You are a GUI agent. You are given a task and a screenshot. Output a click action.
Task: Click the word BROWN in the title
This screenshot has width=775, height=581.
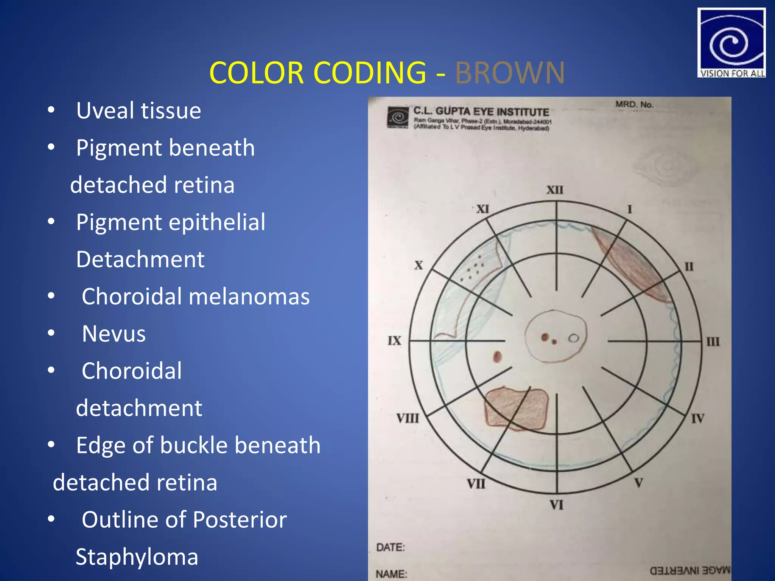[x=510, y=73]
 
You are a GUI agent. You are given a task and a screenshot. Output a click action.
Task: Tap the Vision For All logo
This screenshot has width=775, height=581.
[x=731, y=42]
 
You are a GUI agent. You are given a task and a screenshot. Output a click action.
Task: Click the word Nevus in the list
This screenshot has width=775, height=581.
[x=114, y=334]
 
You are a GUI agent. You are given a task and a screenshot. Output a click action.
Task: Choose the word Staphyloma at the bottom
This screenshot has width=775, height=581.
[x=137, y=557]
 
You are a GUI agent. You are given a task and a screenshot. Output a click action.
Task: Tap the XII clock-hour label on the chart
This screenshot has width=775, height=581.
[x=555, y=190]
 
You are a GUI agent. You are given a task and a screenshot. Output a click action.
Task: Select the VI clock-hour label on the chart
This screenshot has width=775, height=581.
[x=556, y=505]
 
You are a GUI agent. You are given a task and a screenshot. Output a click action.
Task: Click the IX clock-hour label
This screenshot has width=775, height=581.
[x=394, y=341]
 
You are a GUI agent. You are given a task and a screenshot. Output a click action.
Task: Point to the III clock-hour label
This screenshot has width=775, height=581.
[x=713, y=342]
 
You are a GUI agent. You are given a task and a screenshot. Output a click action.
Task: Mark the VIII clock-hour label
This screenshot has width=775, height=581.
[x=408, y=418]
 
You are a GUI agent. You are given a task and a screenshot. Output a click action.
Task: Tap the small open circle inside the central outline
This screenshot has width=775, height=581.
[x=574, y=338]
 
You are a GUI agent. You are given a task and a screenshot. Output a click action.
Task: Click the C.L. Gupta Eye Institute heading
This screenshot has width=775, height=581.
[x=481, y=112]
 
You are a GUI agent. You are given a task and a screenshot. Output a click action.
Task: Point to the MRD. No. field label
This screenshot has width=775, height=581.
[x=634, y=104]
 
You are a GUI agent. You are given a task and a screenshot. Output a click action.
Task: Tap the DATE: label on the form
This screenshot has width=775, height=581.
[x=390, y=547]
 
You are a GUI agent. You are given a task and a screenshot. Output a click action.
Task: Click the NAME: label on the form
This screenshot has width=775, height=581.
[x=391, y=574]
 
